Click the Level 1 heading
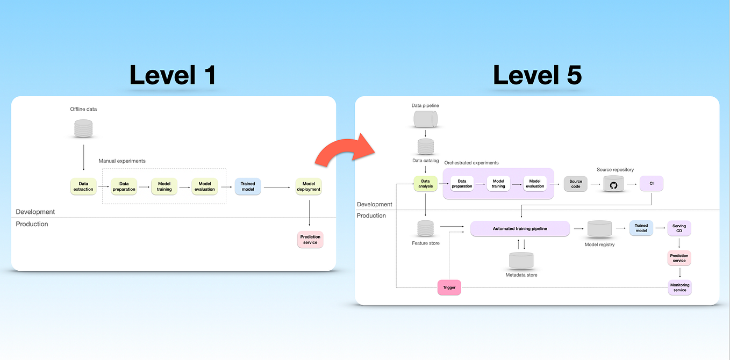173,75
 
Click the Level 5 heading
537,75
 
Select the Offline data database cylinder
83,129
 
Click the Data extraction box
83,186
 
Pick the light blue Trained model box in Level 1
248,186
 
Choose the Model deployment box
309,186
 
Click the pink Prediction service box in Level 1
310,240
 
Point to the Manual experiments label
122,161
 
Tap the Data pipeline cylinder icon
426,120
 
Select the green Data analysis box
426,184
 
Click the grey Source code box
575,184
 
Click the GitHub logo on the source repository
613,185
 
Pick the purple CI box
652,184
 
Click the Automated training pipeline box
520,228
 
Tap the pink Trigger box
449,287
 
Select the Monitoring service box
679,287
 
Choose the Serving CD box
679,228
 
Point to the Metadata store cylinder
521,261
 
